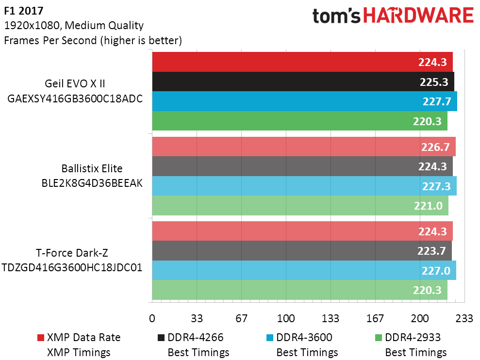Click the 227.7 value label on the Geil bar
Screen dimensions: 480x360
(x=437, y=101)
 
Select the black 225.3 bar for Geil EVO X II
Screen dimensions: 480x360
(x=303, y=82)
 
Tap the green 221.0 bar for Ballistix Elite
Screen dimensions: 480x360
(x=300, y=205)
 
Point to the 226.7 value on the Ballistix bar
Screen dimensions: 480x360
(x=435, y=147)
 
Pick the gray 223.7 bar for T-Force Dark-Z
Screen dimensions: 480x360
(x=302, y=251)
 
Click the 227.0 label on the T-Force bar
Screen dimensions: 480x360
(x=436, y=271)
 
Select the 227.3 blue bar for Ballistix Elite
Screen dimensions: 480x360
(x=304, y=186)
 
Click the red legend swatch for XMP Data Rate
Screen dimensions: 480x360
(x=41, y=338)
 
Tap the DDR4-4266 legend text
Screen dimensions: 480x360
(x=196, y=337)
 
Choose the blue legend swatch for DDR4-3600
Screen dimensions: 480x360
(x=270, y=338)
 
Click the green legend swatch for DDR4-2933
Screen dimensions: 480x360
(x=379, y=338)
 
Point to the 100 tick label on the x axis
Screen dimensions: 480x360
(x=286, y=318)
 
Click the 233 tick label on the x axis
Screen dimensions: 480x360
(x=464, y=318)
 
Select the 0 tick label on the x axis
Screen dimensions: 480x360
(x=152, y=318)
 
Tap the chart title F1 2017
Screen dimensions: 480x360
(x=24, y=11)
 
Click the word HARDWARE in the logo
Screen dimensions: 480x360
(x=418, y=16)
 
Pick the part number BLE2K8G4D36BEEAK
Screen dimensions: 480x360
(x=92, y=183)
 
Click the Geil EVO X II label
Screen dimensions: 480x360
(x=75, y=83)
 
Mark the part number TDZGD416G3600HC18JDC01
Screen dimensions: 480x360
(x=72, y=267)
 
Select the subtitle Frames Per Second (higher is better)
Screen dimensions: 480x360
(x=93, y=40)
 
